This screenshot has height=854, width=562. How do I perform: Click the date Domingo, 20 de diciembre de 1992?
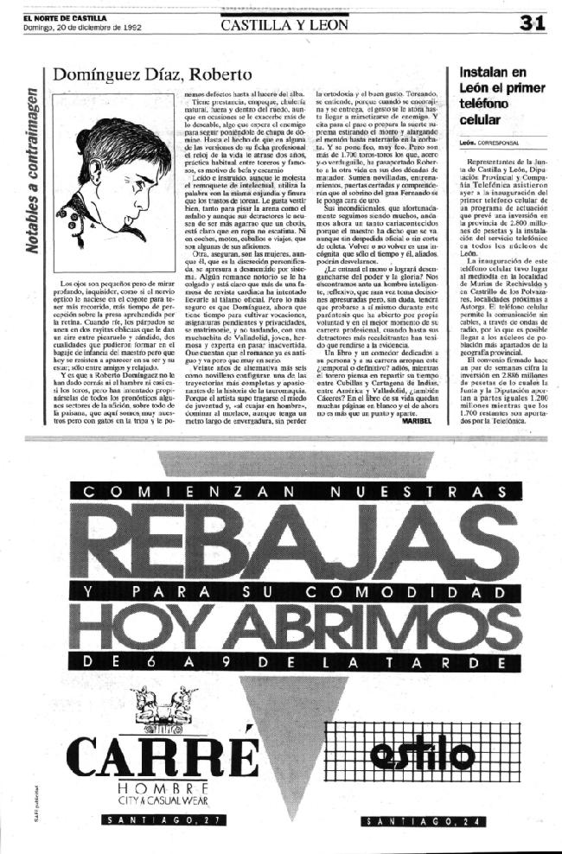[x=79, y=26]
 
